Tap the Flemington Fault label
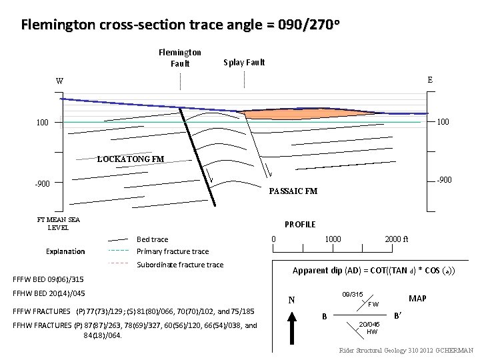tap(180, 58)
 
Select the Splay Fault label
tap(244, 62)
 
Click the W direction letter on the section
tap(60, 81)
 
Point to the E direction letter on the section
tap(430, 79)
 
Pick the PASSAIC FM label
tap(293, 192)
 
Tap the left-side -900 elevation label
tap(44, 183)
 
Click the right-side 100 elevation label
tap(443, 122)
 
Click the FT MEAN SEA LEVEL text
tap(59, 223)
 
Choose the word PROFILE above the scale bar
tap(300, 225)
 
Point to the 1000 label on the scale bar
tap(333, 239)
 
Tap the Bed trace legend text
tap(152, 239)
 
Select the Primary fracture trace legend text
tap(172, 251)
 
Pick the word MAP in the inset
tap(418, 299)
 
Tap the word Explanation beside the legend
tap(65, 251)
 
